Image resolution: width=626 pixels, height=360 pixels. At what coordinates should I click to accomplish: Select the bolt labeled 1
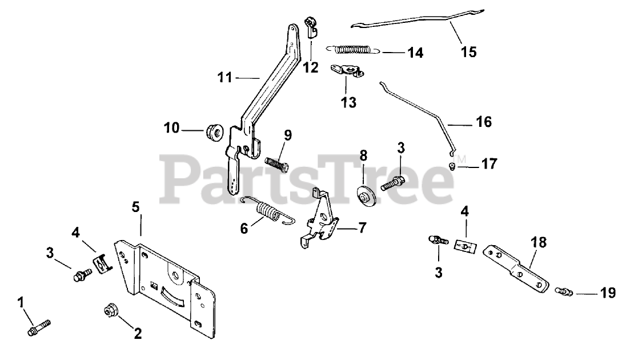[x=38, y=327]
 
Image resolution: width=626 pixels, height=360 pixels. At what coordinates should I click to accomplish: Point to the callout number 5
[x=135, y=206]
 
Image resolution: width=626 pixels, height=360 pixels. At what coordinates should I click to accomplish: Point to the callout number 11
[x=226, y=77]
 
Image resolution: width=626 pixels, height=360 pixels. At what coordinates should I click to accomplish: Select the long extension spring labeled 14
[x=352, y=49]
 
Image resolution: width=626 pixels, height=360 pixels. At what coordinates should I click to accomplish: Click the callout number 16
[x=483, y=122]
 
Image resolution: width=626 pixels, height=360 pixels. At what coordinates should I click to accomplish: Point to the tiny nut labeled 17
[x=451, y=166]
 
